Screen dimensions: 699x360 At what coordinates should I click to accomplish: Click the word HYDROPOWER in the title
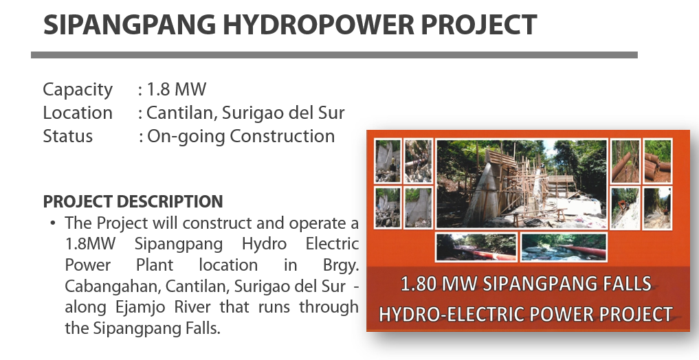(x=318, y=25)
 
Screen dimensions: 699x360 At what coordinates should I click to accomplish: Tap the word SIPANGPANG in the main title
(x=130, y=25)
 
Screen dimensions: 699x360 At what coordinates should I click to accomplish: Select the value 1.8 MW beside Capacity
(x=177, y=89)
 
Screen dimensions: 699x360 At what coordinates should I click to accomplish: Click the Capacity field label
(x=78, y=90)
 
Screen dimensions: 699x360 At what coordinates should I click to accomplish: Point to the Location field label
(x=78, y=113)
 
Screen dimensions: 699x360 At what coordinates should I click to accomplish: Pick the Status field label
(x=68, y=136)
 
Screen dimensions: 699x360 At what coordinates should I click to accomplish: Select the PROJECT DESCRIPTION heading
(x=133, y=201)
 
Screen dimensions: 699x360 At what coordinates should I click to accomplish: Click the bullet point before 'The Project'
(x=53, y=223)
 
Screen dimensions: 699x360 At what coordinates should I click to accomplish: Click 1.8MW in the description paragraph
(x=90, y=244)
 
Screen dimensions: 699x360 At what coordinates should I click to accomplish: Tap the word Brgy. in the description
(x=341, y=265)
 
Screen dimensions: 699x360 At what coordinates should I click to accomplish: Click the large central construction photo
(x=522, y=184)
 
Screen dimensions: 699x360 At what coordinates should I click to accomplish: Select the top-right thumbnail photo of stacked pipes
(x=657, y=161)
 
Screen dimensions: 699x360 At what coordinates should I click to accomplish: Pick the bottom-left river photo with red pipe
(x=476, y=247)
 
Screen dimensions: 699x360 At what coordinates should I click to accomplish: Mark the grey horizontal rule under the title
(x=334, y=55)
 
